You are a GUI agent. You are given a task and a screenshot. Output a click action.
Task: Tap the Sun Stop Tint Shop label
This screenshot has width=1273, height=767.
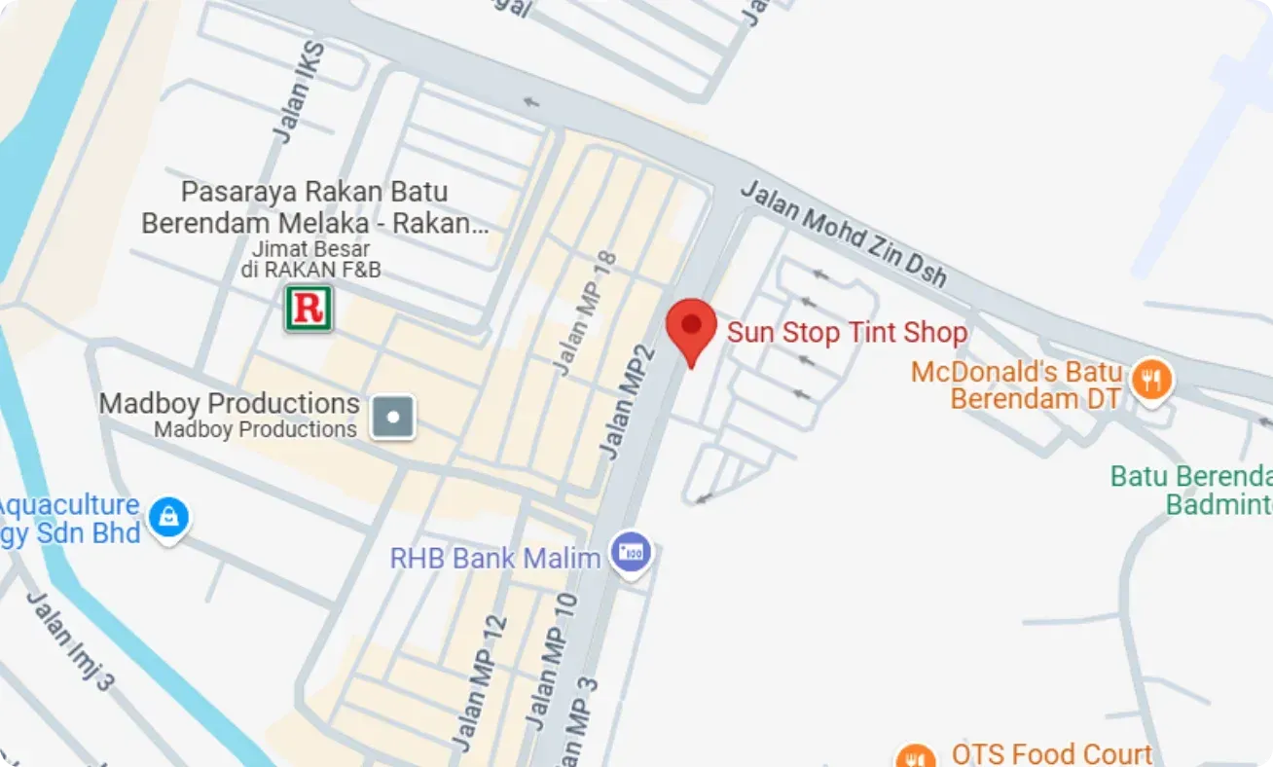pyautogui.click(x=847, y=333)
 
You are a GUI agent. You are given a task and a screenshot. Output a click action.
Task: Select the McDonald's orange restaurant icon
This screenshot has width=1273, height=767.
pyautogui.click(x=1151, y=379)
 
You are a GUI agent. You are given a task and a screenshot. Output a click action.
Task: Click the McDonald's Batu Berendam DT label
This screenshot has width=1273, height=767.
pyautogui.click(x=1017, y=385)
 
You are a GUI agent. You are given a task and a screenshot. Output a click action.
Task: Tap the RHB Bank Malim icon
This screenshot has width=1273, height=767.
pyautogui.click(x=631, y=554)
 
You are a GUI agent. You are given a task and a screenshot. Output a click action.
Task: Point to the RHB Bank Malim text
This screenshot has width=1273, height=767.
pyautogui.click(x=495, y=558)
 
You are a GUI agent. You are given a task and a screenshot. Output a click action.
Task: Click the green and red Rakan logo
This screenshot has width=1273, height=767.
pyautogui.click(x=309, y=309)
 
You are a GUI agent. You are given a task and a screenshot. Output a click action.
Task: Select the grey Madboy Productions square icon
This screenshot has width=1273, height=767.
pyautogui.click(x=393, y=418)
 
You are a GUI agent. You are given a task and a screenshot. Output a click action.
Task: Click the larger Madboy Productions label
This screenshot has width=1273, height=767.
pyautogui.click(x=230, y=403)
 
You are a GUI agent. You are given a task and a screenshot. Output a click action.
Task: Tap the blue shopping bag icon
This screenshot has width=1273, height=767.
pyautogui.click(x=168, y=516)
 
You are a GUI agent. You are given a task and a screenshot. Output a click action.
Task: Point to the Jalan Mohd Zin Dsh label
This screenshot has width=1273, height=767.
pyautogui.click(x=843, y=234)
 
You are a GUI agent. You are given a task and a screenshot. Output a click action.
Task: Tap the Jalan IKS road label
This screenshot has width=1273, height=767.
pyautogui.click(x=299, y=94)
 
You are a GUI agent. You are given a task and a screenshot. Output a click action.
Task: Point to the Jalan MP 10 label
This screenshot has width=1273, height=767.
pyautogui.click(x=552, y=663)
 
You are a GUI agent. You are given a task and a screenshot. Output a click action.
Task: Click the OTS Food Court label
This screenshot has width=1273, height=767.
pyautogui.click(x=1051, y=753)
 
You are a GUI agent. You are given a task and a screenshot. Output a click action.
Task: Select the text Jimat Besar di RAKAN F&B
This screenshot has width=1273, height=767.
pyautogui.click(x=310, y=260)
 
